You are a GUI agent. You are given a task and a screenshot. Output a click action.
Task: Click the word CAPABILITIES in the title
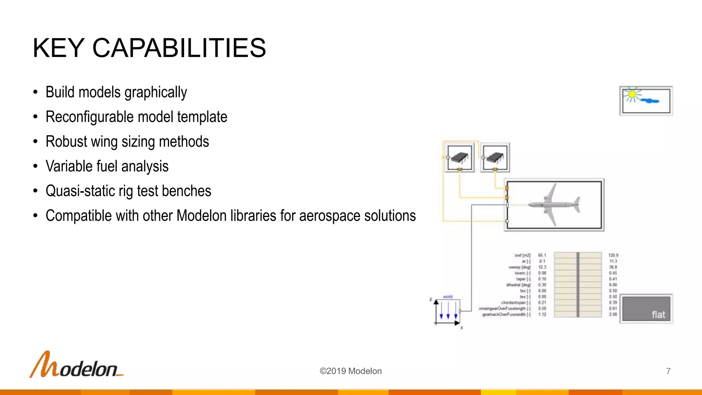pos(179,48)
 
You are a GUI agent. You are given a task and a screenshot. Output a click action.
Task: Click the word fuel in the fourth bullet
pos(107,166)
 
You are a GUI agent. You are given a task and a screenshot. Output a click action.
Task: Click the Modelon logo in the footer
pos(76,365)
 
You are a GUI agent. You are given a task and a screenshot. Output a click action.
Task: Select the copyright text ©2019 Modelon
pos(350,371)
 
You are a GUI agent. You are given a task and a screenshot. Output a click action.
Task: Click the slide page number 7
pos(668,371)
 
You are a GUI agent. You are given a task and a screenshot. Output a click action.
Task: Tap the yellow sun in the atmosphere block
pos(632,94)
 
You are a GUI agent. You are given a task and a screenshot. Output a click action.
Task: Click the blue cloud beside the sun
pos(650,101)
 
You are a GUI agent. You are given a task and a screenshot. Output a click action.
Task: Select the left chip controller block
pos(459,157)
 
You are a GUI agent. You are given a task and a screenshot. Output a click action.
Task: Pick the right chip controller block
pos(495,157)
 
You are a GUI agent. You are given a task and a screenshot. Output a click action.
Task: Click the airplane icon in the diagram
pos(554,205)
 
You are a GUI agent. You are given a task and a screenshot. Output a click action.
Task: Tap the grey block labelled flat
pos(646,309)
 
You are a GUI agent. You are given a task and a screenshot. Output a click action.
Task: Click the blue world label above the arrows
pos(448,297)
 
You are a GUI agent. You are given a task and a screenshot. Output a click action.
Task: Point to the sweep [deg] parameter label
pos(519,267)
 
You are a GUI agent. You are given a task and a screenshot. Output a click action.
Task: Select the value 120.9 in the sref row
pos(613,255)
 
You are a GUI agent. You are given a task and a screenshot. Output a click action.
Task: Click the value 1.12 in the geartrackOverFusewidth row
pos(542,314)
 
